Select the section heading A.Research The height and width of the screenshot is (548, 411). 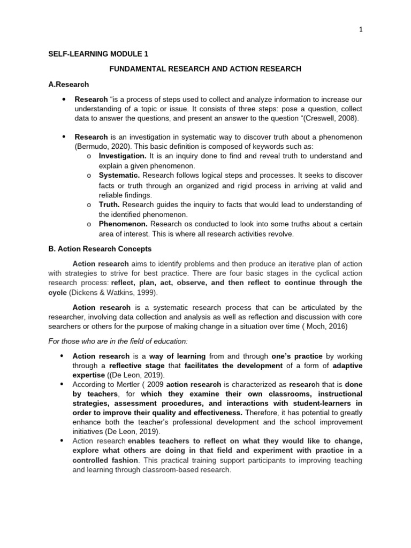[x=69, y=84]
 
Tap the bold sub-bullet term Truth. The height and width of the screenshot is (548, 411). [x=110, y=204]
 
